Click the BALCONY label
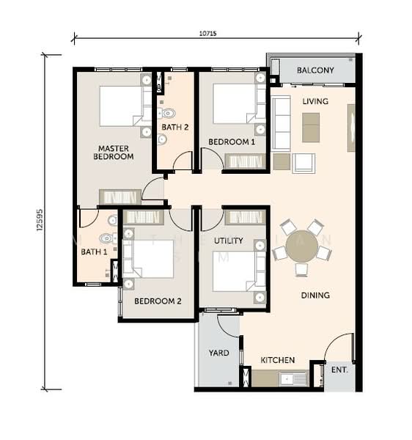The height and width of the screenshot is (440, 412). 316,70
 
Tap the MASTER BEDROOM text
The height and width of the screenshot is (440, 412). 115,152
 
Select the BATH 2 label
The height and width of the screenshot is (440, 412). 175,127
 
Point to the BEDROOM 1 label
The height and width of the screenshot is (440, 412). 232,142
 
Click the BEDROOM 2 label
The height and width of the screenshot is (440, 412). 158,301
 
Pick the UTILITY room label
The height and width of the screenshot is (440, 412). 229,241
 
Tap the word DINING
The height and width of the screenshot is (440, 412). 315,296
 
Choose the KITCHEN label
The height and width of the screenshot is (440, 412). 278,360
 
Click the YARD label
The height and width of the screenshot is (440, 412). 218,353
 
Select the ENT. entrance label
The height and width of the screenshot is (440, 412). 339,370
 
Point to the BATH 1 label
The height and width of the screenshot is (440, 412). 94,252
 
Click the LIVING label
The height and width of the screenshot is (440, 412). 315,101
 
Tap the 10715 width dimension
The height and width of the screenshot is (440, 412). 208,34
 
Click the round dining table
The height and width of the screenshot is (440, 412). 301,246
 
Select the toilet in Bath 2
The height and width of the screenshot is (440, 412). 168,113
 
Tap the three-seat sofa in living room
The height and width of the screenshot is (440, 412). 282,123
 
